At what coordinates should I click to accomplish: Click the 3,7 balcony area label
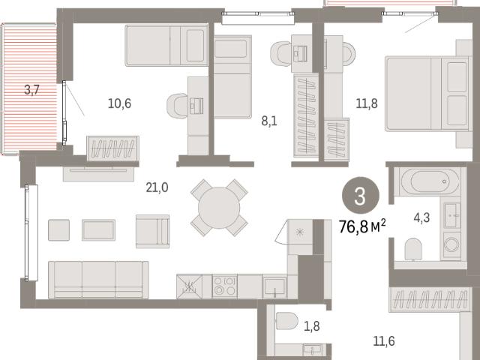coord(31,90)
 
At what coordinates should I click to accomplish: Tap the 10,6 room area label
coord(119,103)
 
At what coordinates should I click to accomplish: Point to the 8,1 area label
coord(269,121)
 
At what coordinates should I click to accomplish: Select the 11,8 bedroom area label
coord(367,103)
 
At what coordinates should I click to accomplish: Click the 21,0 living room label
coord(157,187)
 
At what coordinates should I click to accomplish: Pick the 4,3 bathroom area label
coord(421,218)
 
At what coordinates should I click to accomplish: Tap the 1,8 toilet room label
coord(312,326)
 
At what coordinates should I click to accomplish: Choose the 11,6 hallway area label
coord(384,341)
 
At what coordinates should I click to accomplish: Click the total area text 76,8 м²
coord(362,226)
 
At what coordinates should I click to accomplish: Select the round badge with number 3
coord(360,196)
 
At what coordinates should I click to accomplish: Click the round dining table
coord(219,208)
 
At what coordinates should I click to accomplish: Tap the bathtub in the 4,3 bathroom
coord(430,181)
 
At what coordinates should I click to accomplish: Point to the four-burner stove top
coord(225,286)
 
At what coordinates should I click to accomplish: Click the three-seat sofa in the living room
coord(98,280)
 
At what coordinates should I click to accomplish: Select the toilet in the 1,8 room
coord(286,321)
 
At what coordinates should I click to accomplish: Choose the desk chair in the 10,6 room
coord(177,106)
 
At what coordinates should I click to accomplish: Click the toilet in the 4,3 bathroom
coord(413,249)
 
